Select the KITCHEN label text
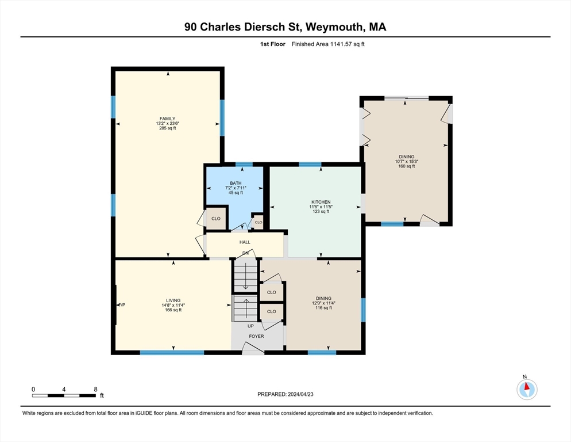click(321, 202)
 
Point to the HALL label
click(245, 242)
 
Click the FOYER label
click(256, 336)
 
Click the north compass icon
click(527, 389)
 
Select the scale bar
click(64, 395)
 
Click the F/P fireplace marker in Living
click(122, 305)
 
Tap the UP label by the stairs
click(250, 326)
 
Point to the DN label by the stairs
click(245, 253)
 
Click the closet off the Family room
click(216, 219)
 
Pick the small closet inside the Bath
click(258, 222)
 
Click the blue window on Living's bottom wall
click(172, 353)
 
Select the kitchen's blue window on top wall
click(310, 164)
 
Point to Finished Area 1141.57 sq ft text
click(328, 44)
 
